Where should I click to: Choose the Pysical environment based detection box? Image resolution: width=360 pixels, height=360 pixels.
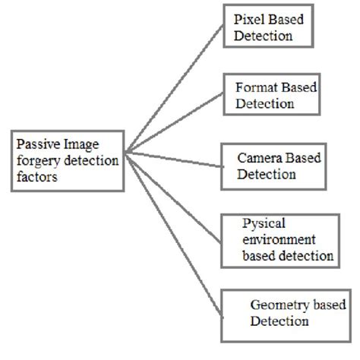(277, 239)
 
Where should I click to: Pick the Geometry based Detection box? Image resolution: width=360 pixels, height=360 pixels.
(281, 312)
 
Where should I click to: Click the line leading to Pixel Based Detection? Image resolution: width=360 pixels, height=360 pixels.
(175, 91)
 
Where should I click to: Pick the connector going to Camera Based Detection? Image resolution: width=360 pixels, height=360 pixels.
(175, 158)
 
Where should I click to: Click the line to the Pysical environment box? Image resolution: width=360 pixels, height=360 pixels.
(175, 195)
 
